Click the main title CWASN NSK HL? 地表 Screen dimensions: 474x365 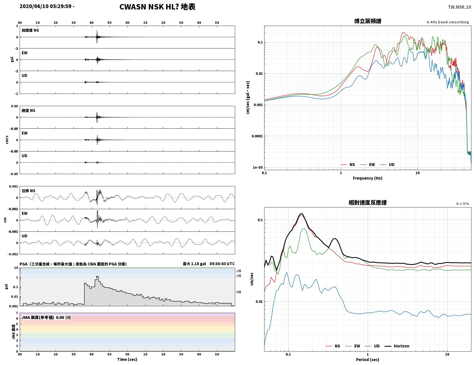point(157,7)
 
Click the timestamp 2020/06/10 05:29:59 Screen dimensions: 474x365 point(45,6)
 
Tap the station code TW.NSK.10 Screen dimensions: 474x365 point(459,7)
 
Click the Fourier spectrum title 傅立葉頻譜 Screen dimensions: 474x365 point(368,21)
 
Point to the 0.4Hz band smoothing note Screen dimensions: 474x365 point(447,22)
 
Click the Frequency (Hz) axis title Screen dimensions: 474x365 point(368,178)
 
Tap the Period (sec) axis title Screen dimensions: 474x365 point(368,360)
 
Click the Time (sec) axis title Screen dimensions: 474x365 point(127,359)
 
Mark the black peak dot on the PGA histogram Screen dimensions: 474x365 point(97,277)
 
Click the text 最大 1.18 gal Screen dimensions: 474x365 point(194,264)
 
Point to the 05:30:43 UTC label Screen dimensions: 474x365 point(222,264)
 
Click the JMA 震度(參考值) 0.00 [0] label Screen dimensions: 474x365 point(46,317)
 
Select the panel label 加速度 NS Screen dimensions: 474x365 point(30,30)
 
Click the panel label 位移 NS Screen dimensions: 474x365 point(28,191)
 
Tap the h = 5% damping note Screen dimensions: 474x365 point(462,204)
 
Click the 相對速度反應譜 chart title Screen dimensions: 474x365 point(368,203)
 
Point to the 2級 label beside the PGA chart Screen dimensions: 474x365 point(239,271)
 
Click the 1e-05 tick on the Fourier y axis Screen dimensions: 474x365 point(258,168)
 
